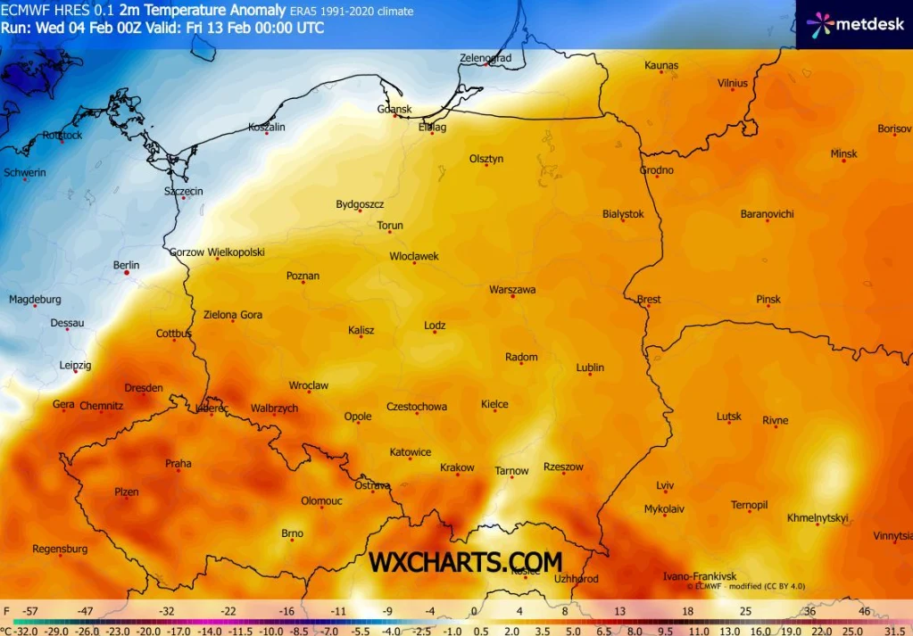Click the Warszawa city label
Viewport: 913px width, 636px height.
point(512,290)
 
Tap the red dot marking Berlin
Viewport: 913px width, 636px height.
point(127,274)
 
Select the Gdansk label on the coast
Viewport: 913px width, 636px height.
point(394,110)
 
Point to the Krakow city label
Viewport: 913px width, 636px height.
point(457,468)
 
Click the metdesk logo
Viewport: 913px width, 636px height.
point(854,24)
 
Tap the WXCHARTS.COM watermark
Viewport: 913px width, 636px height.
point(466,562)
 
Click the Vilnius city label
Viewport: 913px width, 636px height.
point(733,84)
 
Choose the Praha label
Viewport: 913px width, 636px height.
point(178,464)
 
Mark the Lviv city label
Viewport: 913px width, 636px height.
point(665,486)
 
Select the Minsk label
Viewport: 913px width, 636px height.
point(843,154)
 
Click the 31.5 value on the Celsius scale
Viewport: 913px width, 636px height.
point(894,630)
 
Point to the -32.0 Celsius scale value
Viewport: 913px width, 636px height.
point(23,630)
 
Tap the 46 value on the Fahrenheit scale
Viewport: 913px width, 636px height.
point(864,612)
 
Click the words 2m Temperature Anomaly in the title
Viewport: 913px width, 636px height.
point(203,12)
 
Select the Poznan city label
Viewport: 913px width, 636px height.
point(303,277)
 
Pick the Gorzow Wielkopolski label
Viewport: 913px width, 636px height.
point(217,252)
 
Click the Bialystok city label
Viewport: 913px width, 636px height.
point(623,214)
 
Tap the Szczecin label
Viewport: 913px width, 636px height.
point(183,192)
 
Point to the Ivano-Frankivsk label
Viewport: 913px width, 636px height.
point(700,577)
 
